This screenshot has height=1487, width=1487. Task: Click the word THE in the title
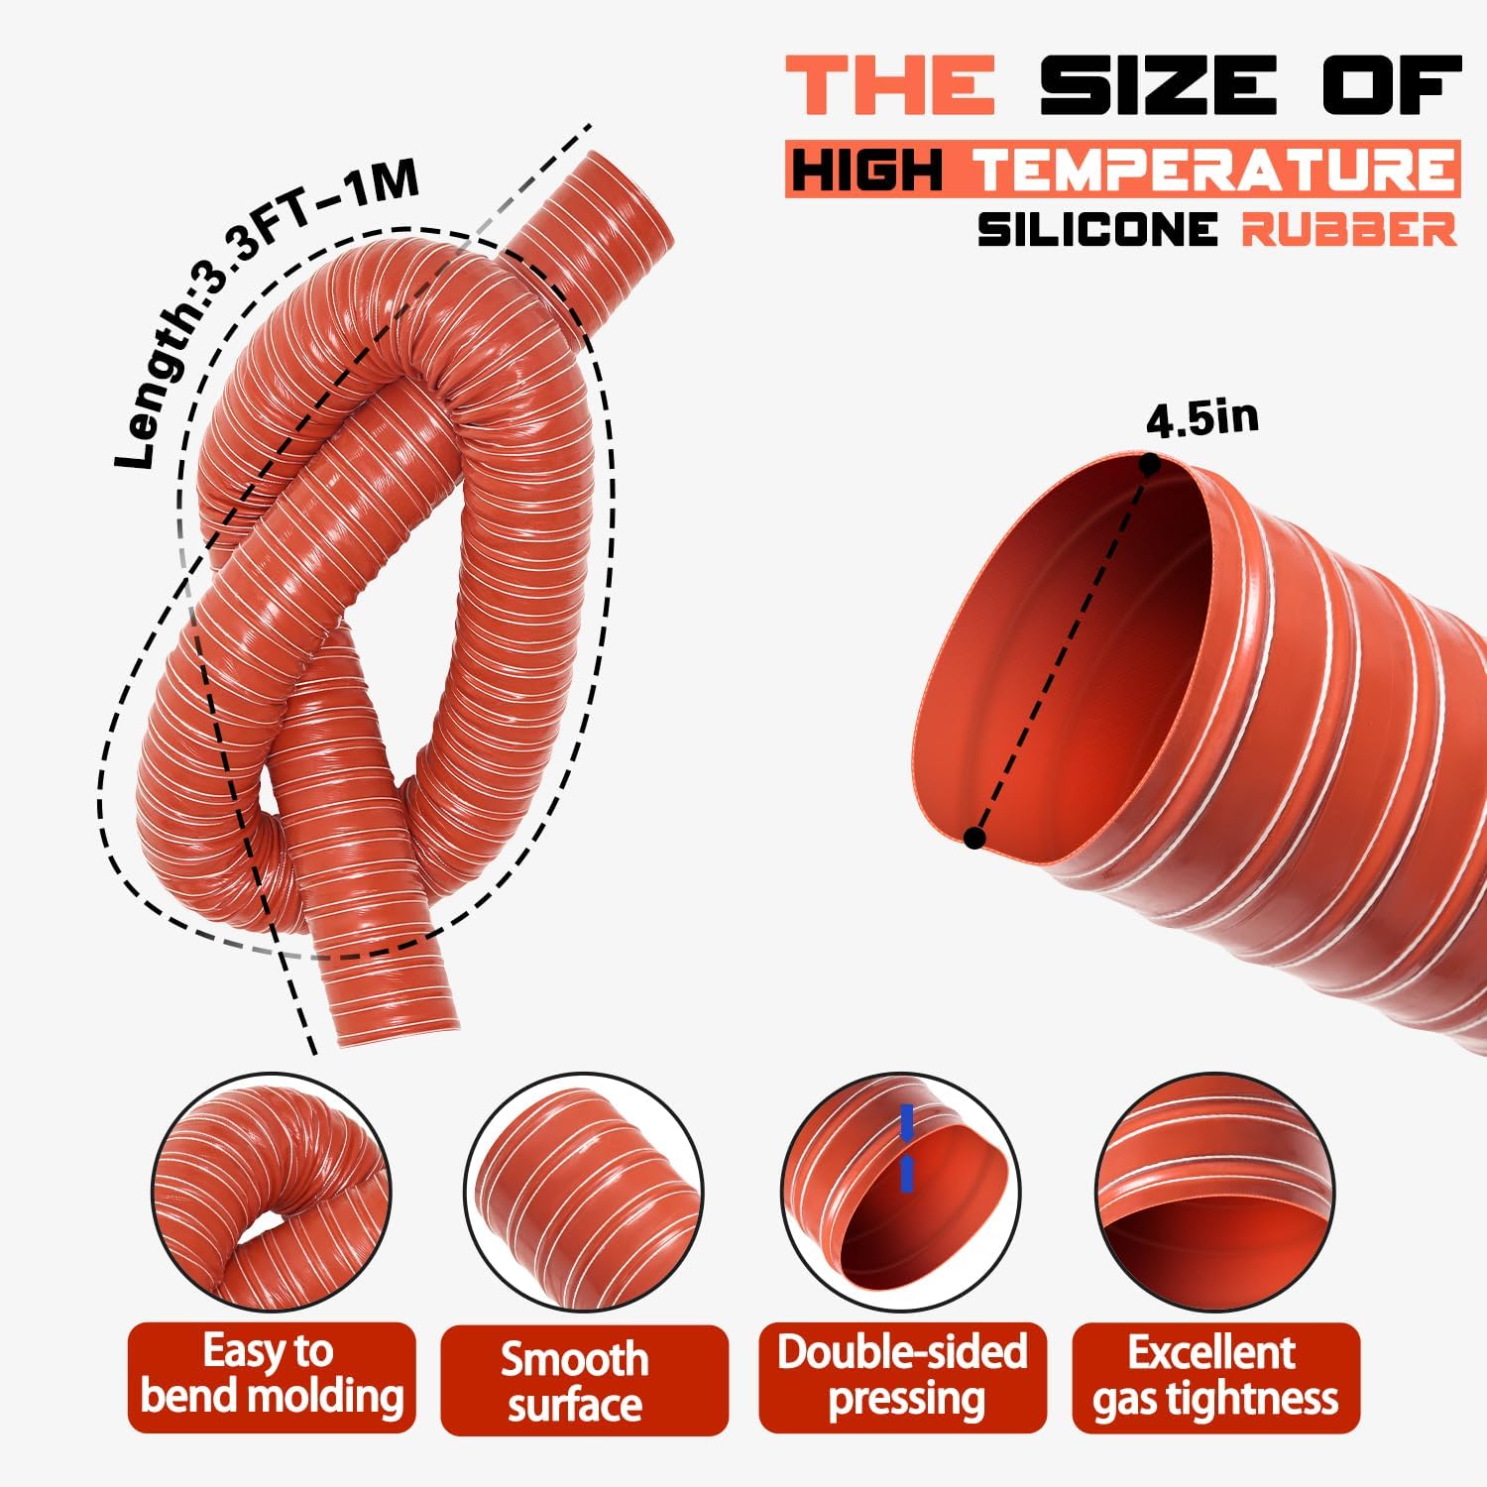pos(890,85)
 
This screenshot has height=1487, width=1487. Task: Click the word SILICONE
pos(1097,230)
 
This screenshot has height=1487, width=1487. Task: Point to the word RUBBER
pos(1349,230)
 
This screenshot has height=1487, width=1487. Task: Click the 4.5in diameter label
pos(1201,419)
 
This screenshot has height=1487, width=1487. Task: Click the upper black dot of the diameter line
pos(1149,463)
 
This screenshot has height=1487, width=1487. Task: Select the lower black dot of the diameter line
pos(974,839)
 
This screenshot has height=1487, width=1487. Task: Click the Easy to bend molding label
pos(272,1376)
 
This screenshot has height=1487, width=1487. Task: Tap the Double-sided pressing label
pos(902,1377)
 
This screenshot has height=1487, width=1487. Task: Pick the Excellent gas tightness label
pos(1215,1377)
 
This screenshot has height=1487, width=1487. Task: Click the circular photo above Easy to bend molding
pos(271,1194)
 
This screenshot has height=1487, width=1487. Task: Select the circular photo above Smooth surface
pos(584,1194)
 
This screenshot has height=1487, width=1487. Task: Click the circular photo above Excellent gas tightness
pos(1214,1194)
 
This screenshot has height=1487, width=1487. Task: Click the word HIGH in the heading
pos(866,170)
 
